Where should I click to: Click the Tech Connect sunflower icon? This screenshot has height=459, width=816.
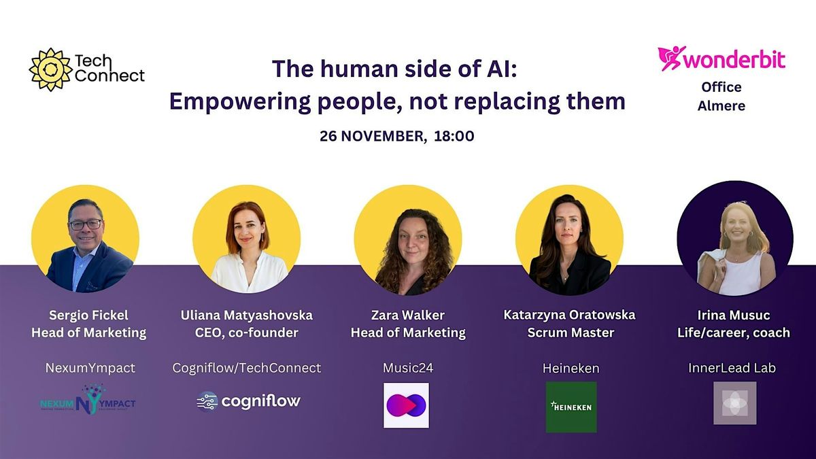pos(50,69)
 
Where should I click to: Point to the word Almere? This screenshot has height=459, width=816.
pos(721,105)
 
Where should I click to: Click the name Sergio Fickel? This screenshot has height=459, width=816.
pos(88,315)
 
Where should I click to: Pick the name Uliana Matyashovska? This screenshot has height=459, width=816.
pos(246,315)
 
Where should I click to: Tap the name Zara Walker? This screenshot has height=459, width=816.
pos(407,315)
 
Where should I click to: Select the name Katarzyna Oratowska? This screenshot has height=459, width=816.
pos(569,315)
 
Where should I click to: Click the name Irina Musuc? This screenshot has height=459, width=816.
pos(734,315)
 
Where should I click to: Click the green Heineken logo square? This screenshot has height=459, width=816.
pos(571,407)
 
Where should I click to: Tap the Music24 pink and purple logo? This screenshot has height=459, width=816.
pos(406,405)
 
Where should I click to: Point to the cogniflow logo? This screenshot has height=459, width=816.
pos(248,401)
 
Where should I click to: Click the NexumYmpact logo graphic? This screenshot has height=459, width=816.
pos(88,401)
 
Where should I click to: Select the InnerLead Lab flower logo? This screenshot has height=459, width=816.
pos(734,403)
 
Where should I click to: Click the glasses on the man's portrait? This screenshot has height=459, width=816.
pos(85,224)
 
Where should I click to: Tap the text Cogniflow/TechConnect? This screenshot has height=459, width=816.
pos(246,368)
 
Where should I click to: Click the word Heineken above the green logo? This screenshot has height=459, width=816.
pos(571,368)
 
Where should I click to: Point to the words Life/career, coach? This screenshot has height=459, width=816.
pos(734,333)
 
